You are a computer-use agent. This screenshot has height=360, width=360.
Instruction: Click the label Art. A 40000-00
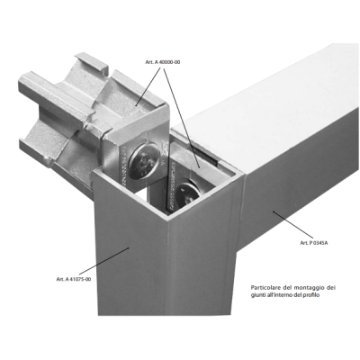tap(163, 62)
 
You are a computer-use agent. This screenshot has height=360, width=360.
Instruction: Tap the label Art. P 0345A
tap(314, 243)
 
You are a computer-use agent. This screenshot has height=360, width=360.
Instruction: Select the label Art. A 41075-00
tap(74, 279)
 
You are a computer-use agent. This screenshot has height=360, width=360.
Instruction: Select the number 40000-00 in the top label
tap(169, 62)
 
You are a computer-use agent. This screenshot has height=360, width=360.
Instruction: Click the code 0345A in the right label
tap(320, 243)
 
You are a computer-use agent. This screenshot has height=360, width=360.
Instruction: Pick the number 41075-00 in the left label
tap(80, 279)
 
